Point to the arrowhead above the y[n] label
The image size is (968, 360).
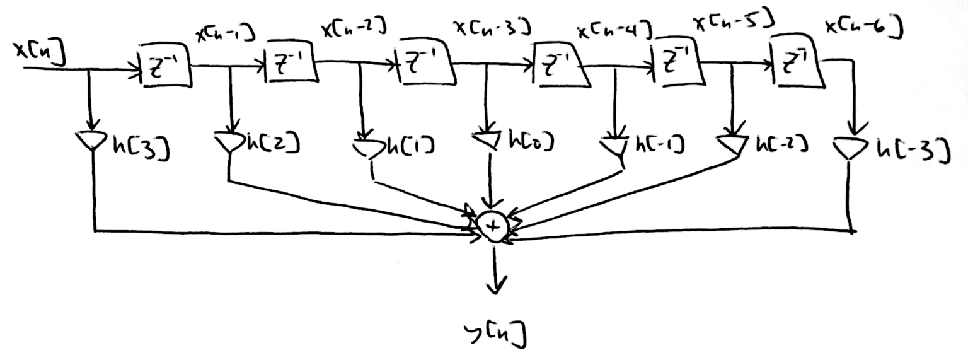pyautogui.click(x=495, y=285)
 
